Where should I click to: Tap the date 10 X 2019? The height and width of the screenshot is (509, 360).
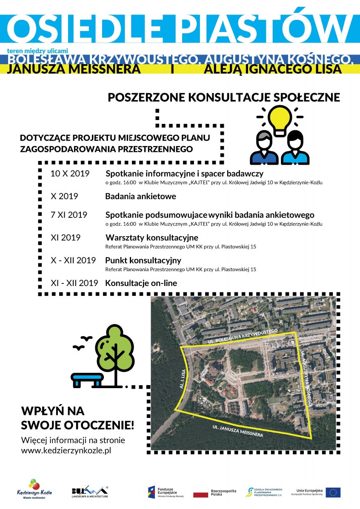point(70,174)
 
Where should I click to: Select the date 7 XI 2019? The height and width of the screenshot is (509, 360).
point(69,215)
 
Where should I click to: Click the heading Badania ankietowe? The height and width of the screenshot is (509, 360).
point(140,197)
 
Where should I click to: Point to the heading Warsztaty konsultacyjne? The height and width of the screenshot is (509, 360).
point(151,237)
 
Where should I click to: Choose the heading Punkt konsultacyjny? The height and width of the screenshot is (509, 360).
point(143,260)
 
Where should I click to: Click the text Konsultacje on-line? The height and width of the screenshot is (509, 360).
point(141,283)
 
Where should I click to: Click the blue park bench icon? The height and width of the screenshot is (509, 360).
point(87,380)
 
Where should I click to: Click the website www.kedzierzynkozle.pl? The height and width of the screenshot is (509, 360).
point(66,451)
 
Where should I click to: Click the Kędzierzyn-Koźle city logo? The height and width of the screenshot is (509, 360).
point(34,489)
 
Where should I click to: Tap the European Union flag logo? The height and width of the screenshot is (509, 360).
point(333,492)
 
